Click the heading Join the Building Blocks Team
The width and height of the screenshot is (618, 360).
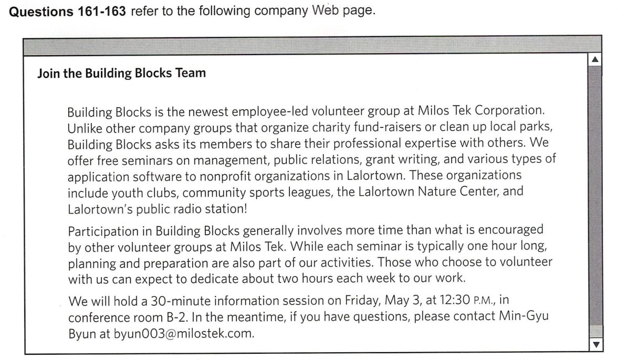[x=121, y=73]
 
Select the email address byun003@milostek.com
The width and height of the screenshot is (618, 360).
[x=184, y=333]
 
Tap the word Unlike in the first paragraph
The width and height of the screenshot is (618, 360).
[x=83, y=128]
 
